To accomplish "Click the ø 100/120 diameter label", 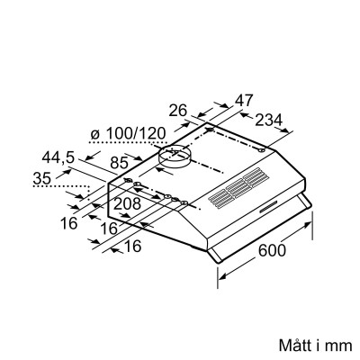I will [128, 134].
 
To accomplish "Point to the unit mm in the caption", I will [335, 345].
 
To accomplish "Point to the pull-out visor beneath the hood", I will [261, 231].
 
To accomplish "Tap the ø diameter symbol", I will [95, 134].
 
